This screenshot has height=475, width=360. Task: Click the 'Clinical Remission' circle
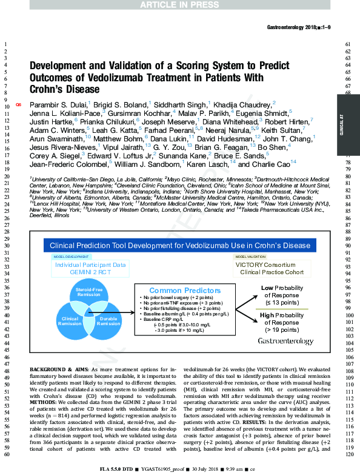point(68,321)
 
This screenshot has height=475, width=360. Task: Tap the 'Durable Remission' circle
point(108,321)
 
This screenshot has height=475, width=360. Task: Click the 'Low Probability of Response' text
point(282,295)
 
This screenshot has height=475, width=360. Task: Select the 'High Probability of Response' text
point(282,323)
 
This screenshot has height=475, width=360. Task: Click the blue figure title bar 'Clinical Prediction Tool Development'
point(180,245)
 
